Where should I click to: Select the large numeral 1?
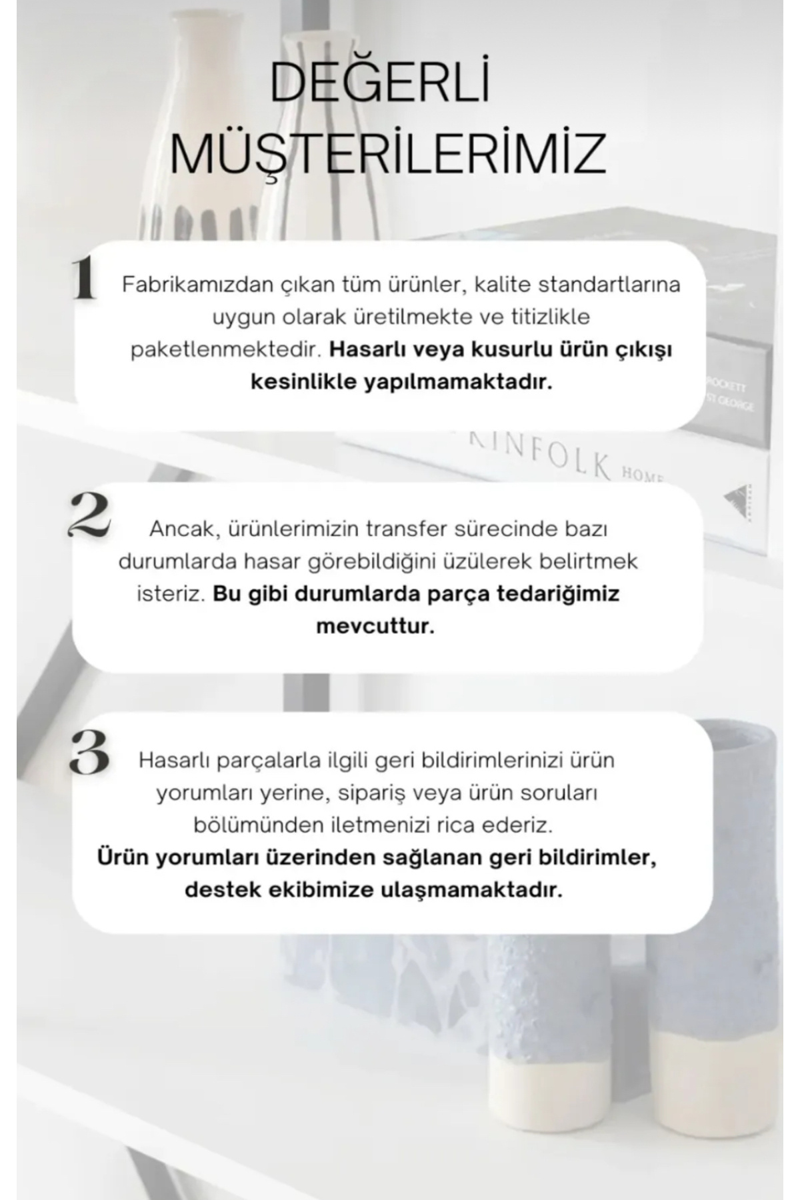(x=85, y=280)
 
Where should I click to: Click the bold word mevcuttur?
(x=375, y=627)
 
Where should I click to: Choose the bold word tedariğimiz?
(x=558, y=593)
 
